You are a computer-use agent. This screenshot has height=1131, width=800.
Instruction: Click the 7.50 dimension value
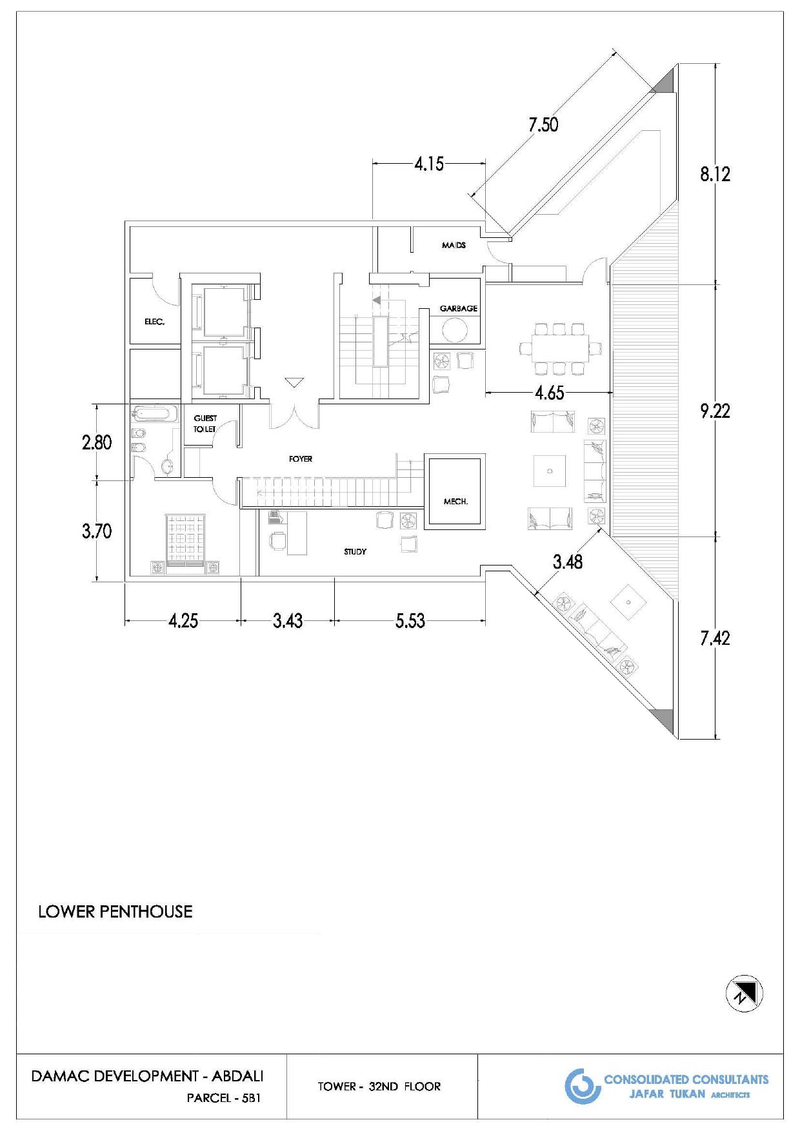pyautogui.click(x=543, y=124)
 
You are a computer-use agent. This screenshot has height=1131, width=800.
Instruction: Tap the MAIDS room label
pyautogui.click(x=454, y=245)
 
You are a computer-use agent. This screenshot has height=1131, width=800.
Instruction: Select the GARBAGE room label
pyautogui.click(x=459, y=308)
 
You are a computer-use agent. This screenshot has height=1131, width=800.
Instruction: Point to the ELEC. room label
pyautogui.click(x=154, y=321)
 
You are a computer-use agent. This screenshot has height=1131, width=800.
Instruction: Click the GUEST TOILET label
pyautogui.click(x=205, y=423)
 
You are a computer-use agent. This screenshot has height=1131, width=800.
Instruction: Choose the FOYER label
pyautogui.click(x=301, y=459)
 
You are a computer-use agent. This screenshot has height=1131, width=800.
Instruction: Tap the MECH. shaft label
pyautogui.click(x=455, y=501)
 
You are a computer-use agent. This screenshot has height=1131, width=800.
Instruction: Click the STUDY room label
pyautogui.click(x=355, y=551)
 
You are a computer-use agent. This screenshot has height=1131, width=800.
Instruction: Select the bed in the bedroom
pyautogui.click(x=186, y=544)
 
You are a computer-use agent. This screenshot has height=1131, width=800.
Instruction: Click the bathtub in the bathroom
pyautogui.click(x=155, y=413)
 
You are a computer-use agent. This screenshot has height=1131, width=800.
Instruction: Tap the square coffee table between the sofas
pyautogui.click(x=550, y=471)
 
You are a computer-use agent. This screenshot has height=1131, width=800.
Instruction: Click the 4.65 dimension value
pyautogui.click(x=549, y=393)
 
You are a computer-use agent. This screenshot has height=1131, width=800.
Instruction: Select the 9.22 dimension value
pyautogui.click(x=715, y=411)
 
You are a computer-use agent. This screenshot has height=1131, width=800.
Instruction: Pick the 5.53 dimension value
pyautogui.click(x=410, y=621)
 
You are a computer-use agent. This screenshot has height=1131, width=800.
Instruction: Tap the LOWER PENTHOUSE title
pyautogui.click(x=115, y=911)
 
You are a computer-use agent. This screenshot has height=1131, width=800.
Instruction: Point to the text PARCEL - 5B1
pyautogui.click(x=223, y=1098)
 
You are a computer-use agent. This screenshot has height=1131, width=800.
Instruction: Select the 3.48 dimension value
pyautogui.click(x=568, y=562)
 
